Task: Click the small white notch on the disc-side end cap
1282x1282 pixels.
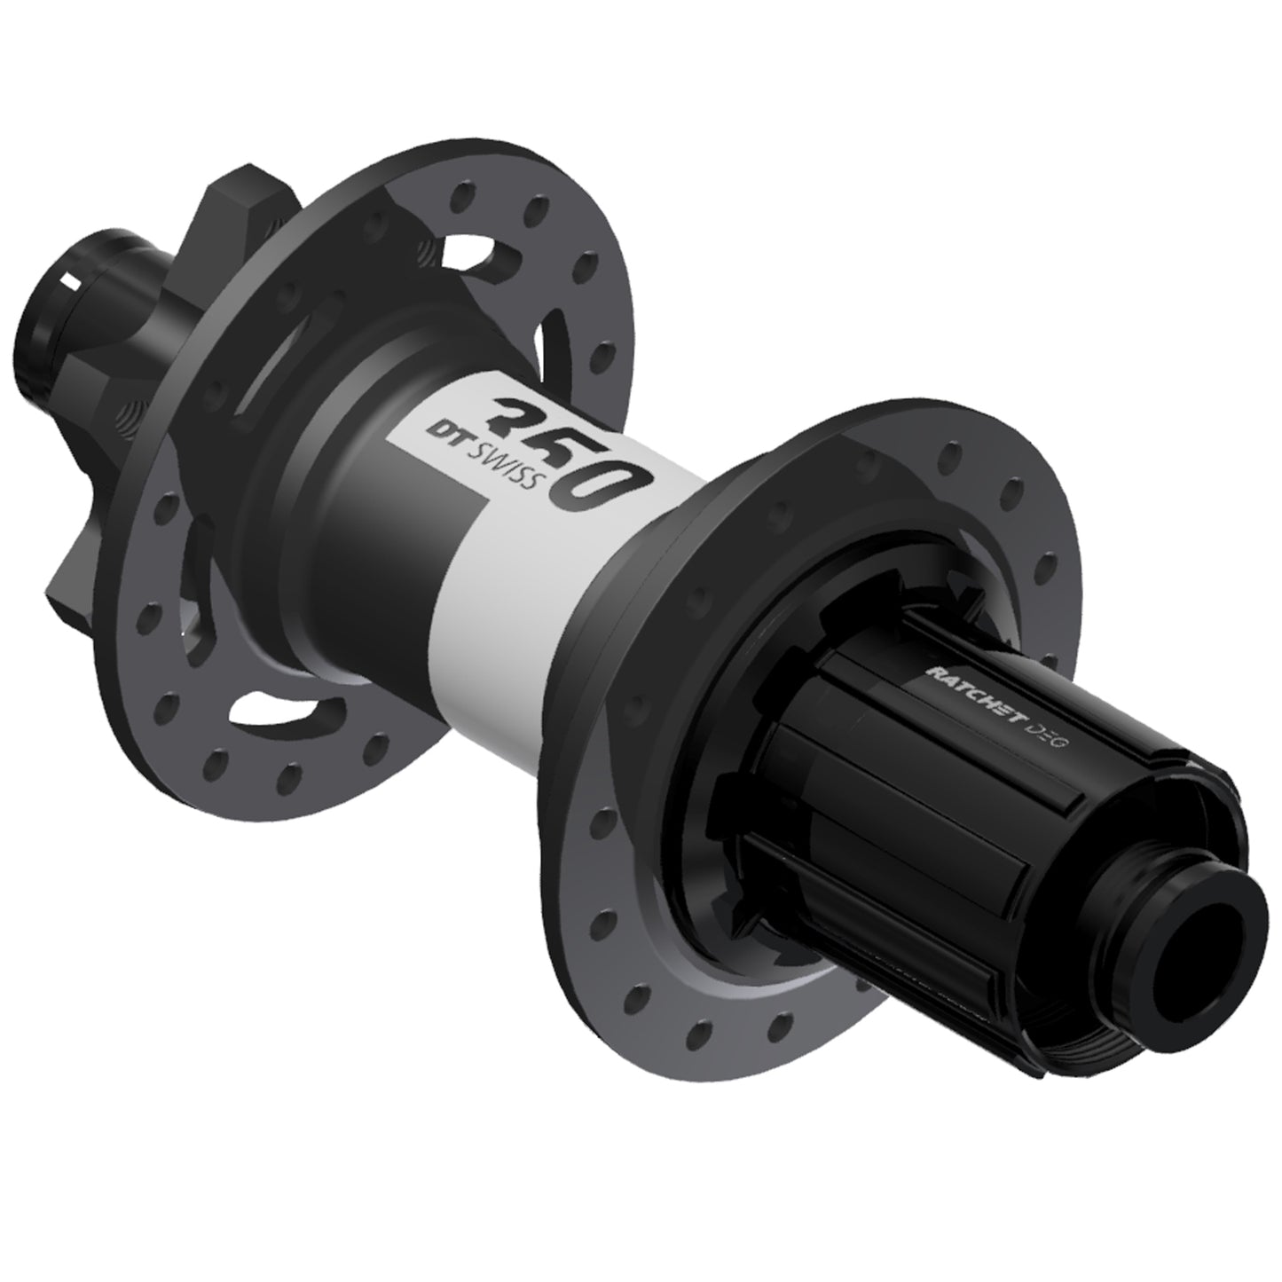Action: [x=71, y=282]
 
